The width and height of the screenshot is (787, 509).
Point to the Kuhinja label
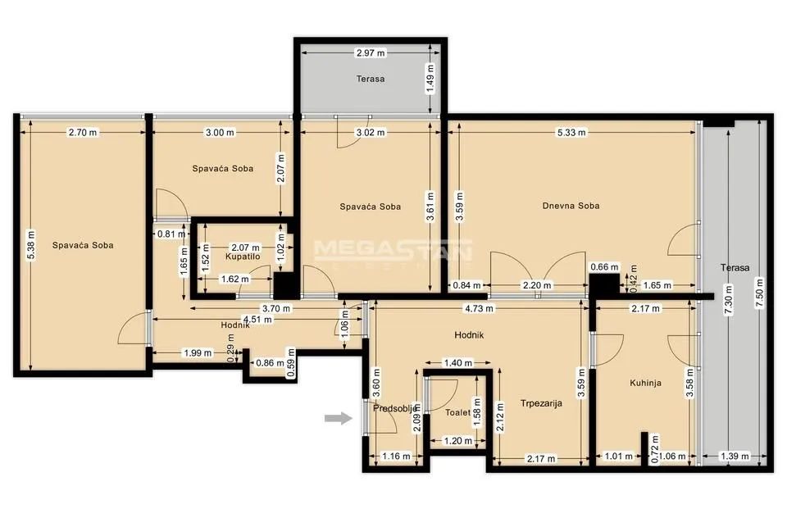pos(645,383)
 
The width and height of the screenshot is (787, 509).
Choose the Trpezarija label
pos(541,402)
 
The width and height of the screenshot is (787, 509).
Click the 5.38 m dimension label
pos(31,244)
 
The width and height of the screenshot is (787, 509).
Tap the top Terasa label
pos(370,80)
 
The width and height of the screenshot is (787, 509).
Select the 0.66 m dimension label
pos(603,266)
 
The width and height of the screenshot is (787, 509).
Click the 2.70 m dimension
pos(82,132)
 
